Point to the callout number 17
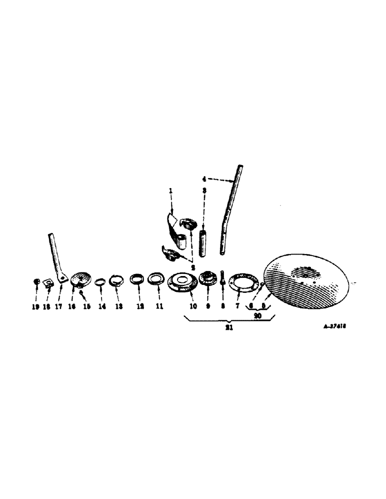click(x=58, y=307)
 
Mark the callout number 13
click(x=117, y=307)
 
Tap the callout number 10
click(x=193, y=306)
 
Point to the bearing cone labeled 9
click(x=207, y=278)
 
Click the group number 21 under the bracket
click(x=227, y=329)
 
